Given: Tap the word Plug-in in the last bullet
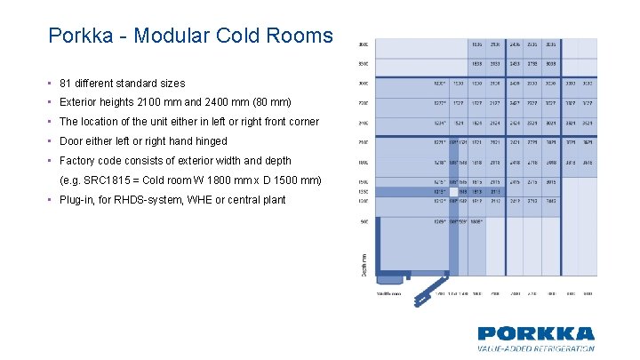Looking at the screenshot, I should coord(78,200).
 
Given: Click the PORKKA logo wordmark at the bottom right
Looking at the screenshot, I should coord(536,334).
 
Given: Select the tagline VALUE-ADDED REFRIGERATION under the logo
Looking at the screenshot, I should coord(536,349).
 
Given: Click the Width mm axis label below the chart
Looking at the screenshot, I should coord(389,292).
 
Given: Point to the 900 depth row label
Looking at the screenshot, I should coord(362,222).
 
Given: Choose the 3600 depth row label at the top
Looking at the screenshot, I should coord(362,44).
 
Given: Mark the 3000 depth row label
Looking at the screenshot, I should coord(362,84).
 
